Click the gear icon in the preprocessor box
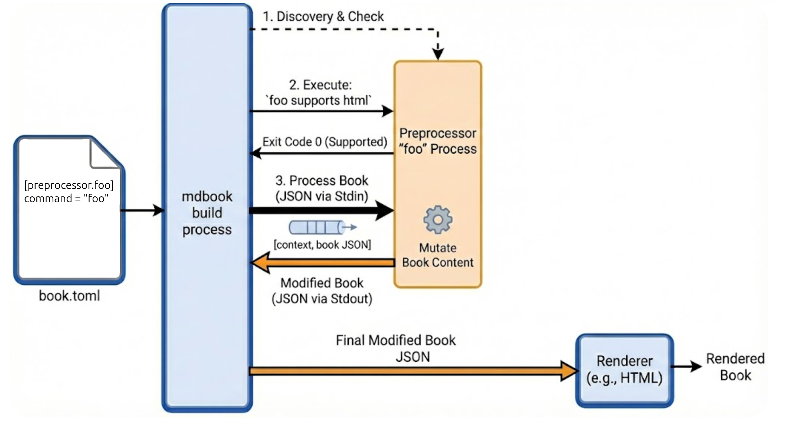tap(438, 220)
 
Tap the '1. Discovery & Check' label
tap(323, 17)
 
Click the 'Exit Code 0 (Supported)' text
tap(325, 142)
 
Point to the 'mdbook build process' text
tap(207, 213)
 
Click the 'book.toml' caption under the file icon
tap(70, 296)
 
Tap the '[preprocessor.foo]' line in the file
tap(69, 185)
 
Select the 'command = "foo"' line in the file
tap(66, 199)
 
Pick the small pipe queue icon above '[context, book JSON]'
tap(319, 227)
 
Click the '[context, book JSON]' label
tap(322, 245)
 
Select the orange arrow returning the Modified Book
tap(322, 263)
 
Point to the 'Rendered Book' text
tap(735, 367)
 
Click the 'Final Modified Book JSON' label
tap(396, 348)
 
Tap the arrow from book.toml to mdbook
tap(143, 210)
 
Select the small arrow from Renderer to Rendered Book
tap(686, 367)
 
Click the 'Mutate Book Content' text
tap(438, 255)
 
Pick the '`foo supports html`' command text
tap(319, 100)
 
